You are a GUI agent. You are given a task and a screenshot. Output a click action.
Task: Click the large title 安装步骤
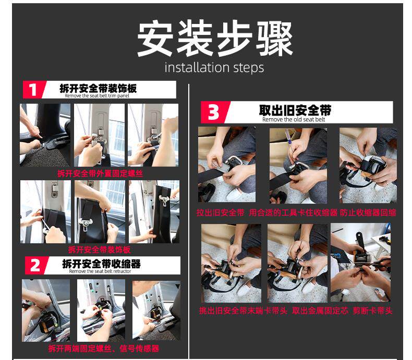tap(215, 39)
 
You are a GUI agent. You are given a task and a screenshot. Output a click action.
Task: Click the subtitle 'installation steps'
tap(214, 67)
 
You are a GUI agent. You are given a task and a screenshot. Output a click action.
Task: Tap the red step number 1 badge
tap(33, 90)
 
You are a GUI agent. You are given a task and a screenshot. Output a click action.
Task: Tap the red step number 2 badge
tap(35, 266)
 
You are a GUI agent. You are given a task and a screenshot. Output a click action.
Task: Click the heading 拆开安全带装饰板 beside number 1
tap(98, 88)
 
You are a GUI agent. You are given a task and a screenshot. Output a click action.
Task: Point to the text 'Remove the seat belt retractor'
tap(100, 271)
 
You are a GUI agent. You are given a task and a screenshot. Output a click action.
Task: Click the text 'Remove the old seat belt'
tap(294, 119)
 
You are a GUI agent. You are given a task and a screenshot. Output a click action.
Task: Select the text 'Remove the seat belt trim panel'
tap(97, 96)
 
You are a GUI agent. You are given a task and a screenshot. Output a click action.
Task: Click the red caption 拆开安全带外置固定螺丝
tap(100, 173)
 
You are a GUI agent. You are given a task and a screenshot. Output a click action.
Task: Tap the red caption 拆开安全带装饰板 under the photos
tap(99, 250)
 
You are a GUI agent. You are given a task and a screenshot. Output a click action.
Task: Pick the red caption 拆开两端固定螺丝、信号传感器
tap(104, 349)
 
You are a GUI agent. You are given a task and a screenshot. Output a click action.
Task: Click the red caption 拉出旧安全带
tap(221, 213)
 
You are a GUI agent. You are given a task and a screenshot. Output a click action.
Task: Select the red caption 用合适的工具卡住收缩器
tap(293, 213)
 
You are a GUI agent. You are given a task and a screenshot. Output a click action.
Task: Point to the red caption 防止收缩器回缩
tap(368, 213)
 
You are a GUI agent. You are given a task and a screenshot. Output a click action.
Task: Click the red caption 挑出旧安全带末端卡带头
tap(243, 311)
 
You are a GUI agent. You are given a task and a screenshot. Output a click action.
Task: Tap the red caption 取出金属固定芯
tap(320, 311)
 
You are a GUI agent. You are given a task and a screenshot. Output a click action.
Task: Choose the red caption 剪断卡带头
tap(372, 311)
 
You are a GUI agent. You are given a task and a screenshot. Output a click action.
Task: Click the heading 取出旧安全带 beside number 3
tap(295, 110)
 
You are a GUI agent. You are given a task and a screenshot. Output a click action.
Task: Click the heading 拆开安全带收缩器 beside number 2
tap(101, 264)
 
